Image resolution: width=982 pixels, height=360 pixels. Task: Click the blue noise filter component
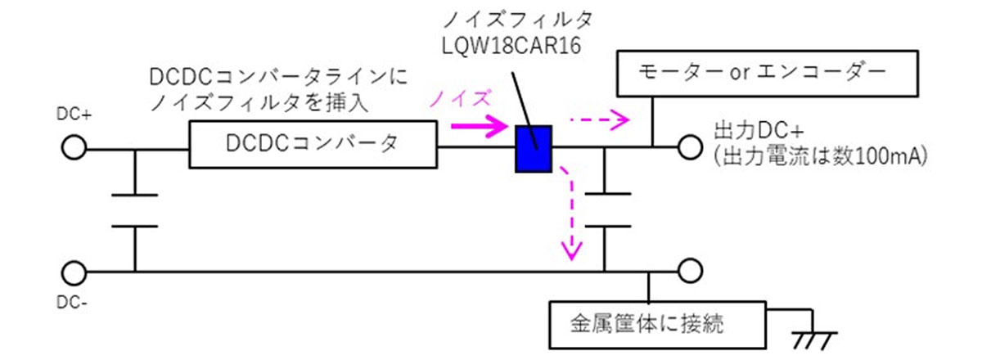point(534,149)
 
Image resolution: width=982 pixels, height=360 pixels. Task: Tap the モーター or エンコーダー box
point(751,73)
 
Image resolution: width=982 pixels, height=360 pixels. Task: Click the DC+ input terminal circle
point(74,149)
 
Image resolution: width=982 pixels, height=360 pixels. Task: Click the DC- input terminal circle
point(74,271)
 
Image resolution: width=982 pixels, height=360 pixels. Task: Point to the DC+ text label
point(74,115)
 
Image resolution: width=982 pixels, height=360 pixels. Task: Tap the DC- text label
point(72,303)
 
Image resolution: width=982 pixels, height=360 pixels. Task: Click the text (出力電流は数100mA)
point(819,157)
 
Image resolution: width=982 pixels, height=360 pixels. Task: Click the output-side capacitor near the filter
point(606,210)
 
